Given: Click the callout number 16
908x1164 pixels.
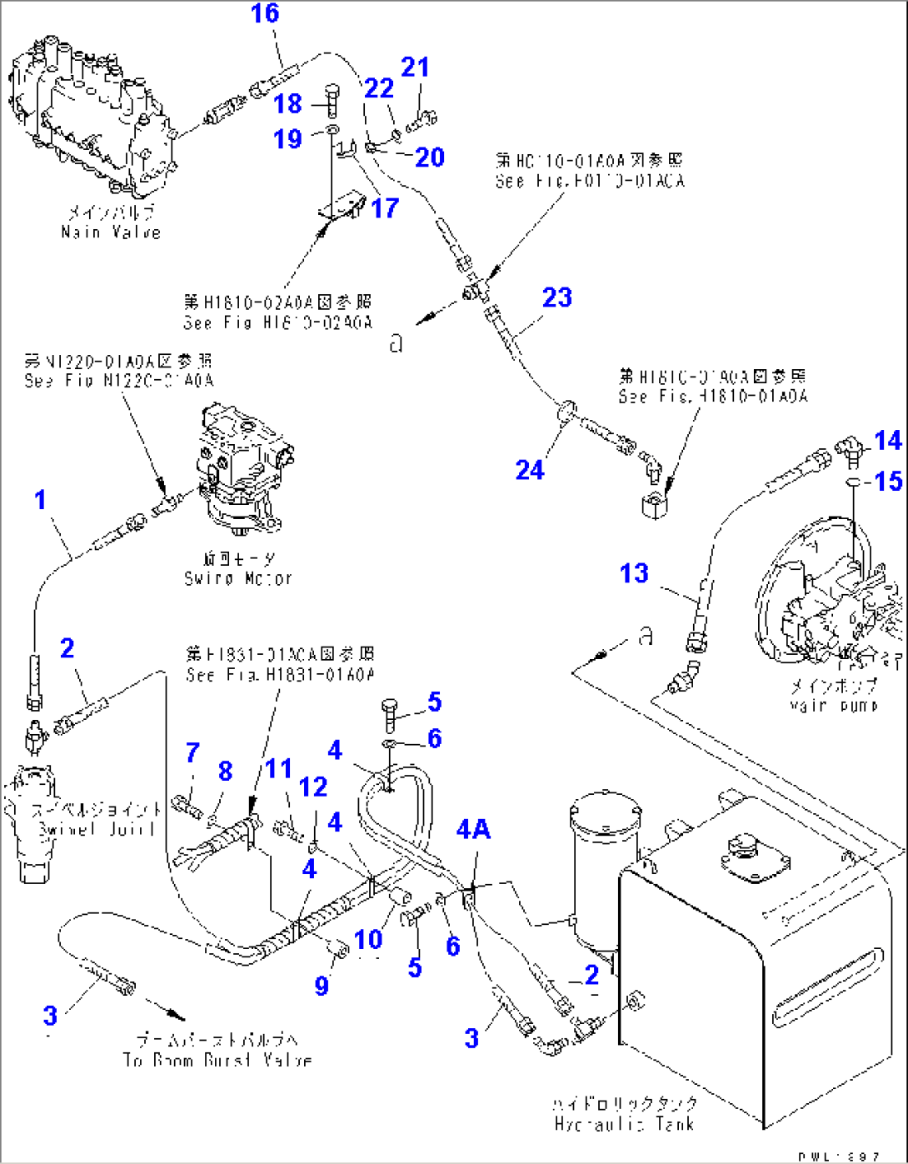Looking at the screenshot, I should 266,14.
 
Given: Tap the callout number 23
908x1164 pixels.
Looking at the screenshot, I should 557,297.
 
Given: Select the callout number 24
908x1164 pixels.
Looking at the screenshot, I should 530,470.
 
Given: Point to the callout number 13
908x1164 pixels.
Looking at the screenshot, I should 634,573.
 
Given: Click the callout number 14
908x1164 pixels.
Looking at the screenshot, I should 888,440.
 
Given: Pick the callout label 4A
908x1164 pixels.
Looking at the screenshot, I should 473,829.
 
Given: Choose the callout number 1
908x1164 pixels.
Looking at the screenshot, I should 40,500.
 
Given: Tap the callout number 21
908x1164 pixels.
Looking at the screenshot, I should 415,67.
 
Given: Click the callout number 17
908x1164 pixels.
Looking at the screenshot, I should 385,207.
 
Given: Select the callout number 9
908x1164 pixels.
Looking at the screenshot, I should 322,986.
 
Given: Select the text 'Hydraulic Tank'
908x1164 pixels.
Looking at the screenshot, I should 626,1123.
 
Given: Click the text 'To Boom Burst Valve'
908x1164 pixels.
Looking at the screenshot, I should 217,1060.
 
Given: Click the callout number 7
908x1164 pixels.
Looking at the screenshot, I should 192,752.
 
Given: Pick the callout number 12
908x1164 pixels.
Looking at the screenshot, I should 313,787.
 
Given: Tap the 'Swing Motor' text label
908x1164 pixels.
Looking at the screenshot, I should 238,577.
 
